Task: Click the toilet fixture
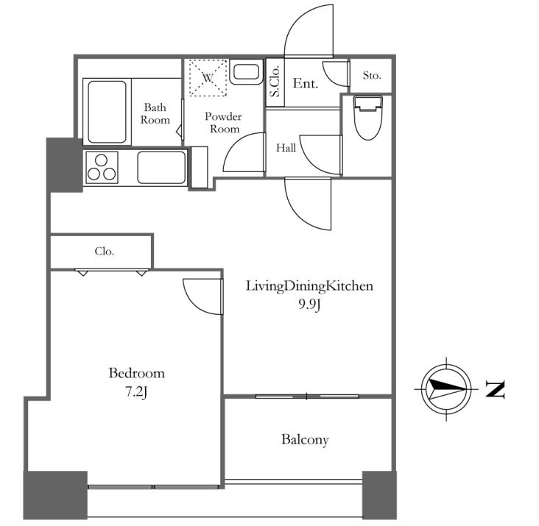(x=368, y=118)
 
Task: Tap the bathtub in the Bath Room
(x=107, y=112)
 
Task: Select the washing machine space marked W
(x=208, y=78)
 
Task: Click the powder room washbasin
(x=247, y=72)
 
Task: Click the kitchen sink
(x=161, y=168)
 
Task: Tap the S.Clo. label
(x=275, y=81)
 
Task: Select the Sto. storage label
(x=372, y=75)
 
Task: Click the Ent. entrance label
(x=306, y=83)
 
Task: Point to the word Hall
(x=286, y=148)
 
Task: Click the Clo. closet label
(x=104, y=252)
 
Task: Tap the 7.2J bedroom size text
(x=136, y=392)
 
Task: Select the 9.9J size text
(x=309, y=305)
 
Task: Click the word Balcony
(x=306, y=440)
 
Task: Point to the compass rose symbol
(x=446, y=389)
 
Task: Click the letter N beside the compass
(x=495, y=389)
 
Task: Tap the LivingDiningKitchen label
(x=309, y=286)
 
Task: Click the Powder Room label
(x=223, y=123)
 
